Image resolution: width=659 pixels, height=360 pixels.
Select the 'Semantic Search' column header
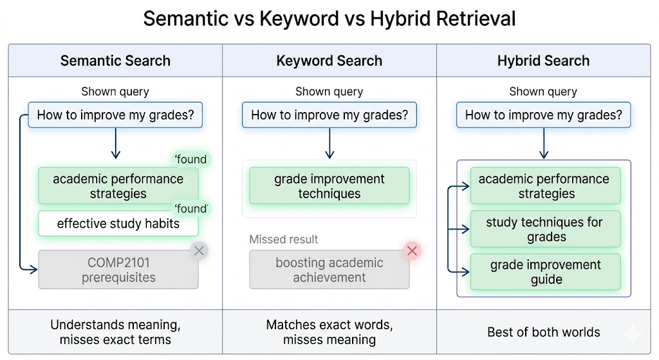coord(115,61)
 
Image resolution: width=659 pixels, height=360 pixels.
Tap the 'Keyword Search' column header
coord(329,61)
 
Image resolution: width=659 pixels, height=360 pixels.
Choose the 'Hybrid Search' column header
coord(543,61)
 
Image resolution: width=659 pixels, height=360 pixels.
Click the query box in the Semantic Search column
coord(115,116)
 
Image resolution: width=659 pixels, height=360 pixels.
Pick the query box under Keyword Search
coord(329,116)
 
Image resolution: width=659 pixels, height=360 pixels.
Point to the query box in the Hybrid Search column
coord(543,116)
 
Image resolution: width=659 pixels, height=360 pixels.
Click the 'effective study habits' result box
coord(118,224)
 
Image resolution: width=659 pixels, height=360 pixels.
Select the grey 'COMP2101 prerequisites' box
coord(118,270)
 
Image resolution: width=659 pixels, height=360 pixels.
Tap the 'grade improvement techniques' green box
coord(329,186)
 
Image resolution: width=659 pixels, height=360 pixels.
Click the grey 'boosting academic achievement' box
coord(329,270)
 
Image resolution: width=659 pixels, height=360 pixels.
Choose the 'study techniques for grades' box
coord(544,229)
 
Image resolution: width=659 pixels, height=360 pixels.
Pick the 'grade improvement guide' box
coord(544,272)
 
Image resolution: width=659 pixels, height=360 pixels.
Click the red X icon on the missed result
coord(413,251)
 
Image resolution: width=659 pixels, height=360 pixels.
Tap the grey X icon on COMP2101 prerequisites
coord(199,251)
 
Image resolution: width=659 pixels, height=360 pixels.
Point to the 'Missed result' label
coord(284,240)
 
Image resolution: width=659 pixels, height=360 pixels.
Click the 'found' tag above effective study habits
coord(191,209)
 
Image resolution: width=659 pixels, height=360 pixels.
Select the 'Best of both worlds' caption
coord(543,332)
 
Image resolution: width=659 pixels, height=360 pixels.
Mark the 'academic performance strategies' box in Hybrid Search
coord(544,186)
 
